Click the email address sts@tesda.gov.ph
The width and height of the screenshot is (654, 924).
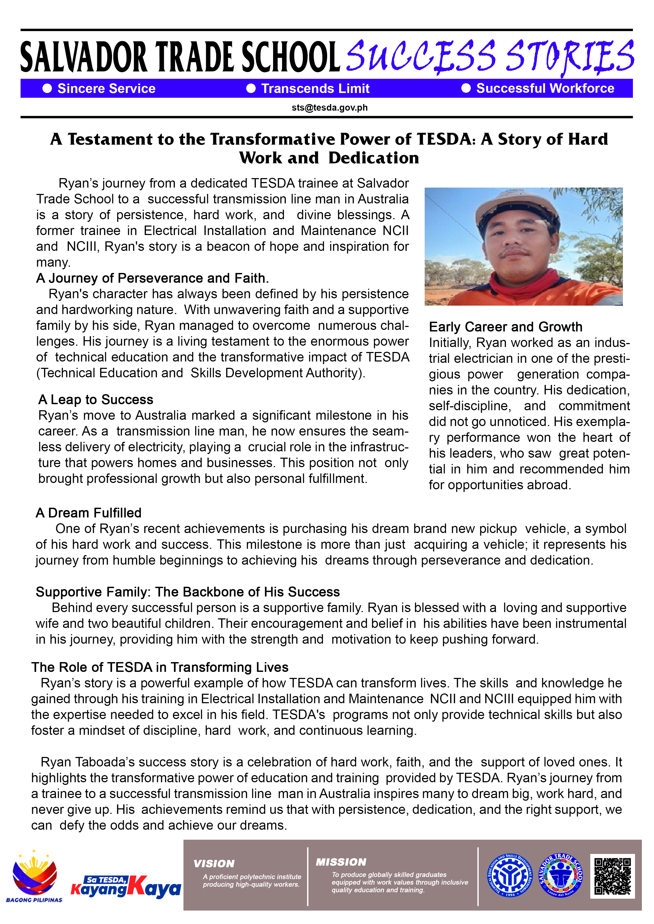tap(330, 108)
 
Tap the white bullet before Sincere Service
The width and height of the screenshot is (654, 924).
tap(47, 89)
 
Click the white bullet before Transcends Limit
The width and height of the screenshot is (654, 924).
tap(251, 89)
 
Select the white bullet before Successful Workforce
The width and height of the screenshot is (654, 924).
tap(466, 89)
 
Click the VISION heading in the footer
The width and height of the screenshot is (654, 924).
tap(214, 864)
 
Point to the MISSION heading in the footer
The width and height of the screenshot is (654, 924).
tap(341, 862)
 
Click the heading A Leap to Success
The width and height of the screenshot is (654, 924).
tap(96, 400)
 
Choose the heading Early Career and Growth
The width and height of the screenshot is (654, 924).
tap(505, 327)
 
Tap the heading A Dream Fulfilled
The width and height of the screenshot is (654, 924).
tap(89, 513)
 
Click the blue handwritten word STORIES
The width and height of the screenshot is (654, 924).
tap(570, 56)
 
